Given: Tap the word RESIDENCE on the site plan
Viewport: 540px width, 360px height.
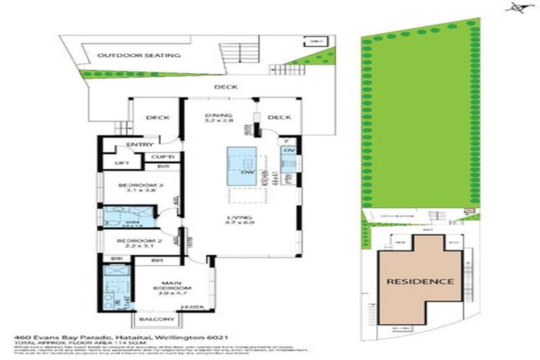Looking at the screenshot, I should pyautogui.click(x=418, y=281).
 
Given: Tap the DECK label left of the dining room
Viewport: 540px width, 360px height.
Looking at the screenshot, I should pyautogui.click(x=157, y=118).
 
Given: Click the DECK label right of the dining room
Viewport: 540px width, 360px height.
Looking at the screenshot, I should pyautogui.click(x=279, y=118).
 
